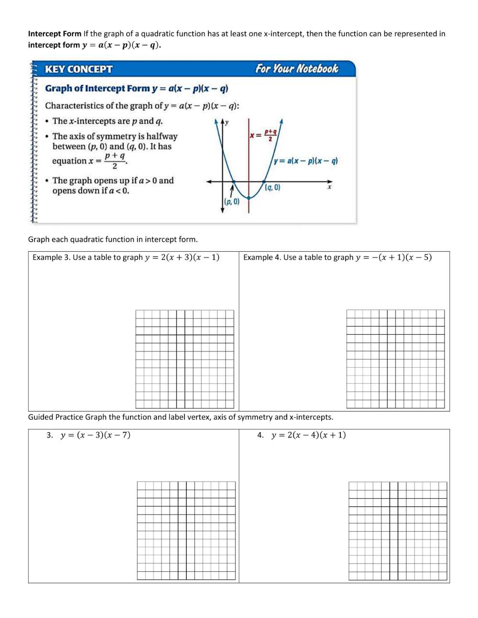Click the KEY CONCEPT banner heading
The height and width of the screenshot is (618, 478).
tap(78, 69)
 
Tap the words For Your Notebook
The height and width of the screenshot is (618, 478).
tap(296, 69)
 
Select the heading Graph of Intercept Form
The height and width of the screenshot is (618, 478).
tap(98, 88)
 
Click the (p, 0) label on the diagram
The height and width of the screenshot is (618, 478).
tap(232, 202)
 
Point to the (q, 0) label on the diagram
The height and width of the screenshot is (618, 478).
tap(272, 188)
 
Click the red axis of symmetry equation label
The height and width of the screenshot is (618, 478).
tap(263, 135)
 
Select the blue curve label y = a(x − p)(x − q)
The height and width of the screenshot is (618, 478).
tap(305, 161)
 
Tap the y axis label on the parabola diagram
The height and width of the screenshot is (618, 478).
tap(227, 122)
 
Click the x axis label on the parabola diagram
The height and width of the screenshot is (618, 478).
tap(329, 187)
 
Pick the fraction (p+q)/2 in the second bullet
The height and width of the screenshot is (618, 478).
tap(115, 161)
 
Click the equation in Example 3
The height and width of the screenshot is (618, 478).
tap(182, 257)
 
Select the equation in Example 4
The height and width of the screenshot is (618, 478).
tap(393, 257)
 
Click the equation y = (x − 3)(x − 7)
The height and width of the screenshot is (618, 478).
tap(96, 435)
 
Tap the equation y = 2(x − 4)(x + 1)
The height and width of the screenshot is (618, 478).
tap(308, 435)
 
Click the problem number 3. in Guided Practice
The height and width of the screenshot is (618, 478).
tap(50, 435)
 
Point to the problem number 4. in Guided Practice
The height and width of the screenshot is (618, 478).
tap(261, 435)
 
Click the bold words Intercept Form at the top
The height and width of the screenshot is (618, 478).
tap(54, 34)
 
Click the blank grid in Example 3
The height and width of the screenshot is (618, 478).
tap(185, 359)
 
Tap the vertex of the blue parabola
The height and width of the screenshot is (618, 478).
tap(249, 198)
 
